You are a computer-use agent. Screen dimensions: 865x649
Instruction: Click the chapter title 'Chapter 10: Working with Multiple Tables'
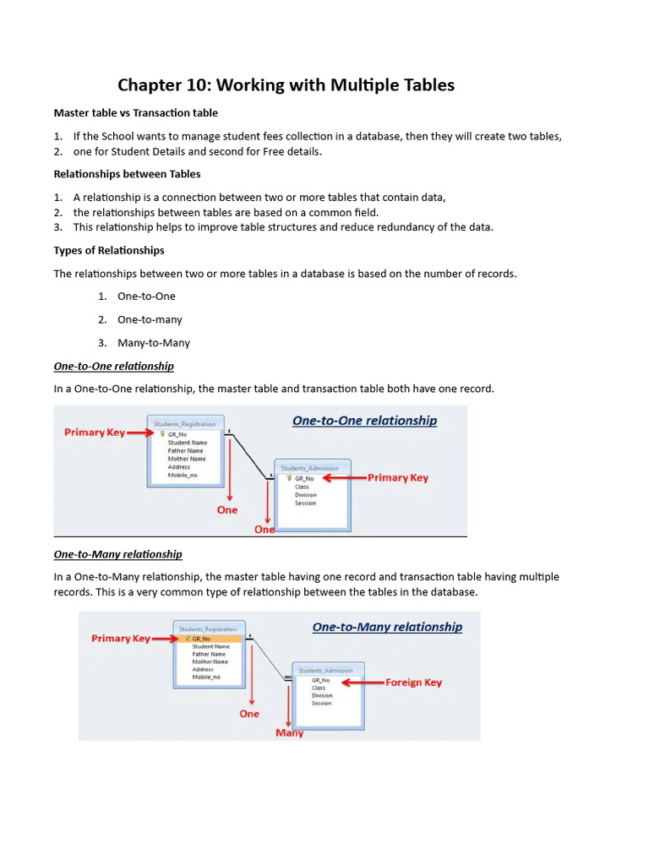(x=286, y=84)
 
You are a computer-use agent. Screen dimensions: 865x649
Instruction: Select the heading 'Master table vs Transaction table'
(x=135, y=112)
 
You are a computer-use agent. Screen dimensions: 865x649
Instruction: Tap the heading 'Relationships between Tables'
(x=127, y=174)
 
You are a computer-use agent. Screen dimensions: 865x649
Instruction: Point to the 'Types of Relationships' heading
(x=109, y=250)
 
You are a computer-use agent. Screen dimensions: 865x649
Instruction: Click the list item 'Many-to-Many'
(x=154, y=343)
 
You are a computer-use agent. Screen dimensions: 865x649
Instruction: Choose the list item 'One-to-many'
(x=150, y=319)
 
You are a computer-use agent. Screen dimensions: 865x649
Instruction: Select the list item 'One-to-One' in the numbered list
(x=146, y=296)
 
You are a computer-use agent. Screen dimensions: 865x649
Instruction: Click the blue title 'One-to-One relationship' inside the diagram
(x=364, y=421)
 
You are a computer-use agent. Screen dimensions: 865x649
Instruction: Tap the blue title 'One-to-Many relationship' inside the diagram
(x=387, y=627)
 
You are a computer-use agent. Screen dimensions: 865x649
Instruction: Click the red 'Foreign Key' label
(x=413, y=683)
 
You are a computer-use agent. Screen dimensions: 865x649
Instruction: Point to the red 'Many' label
(x=289, y=732)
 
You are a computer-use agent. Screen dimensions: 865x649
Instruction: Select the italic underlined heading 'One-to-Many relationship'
(x=117, y=554)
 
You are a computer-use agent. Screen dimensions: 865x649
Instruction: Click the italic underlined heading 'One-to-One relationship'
(x=113, y=366)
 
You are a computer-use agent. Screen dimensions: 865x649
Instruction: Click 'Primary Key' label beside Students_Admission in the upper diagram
(x=397, y=477)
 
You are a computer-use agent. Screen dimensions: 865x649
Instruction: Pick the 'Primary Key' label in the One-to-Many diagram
(x=121, y=639)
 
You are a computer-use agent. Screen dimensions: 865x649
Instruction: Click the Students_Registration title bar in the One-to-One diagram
(x=184, y=424)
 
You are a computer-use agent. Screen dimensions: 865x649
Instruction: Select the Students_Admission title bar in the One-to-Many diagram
(x=328, y=670)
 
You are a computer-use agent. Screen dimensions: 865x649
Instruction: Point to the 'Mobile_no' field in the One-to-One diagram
(x=182, y=476)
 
